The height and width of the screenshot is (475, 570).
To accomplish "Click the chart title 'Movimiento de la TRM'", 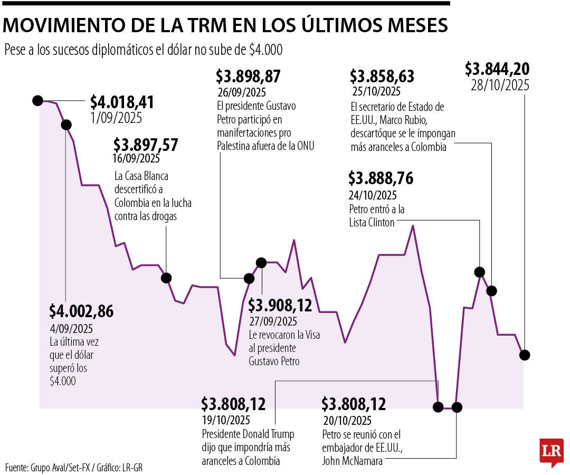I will click(226, 25).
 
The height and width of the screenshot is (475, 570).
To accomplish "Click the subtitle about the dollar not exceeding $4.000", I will click(143, 50).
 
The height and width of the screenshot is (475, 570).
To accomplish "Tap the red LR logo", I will click(551, 452).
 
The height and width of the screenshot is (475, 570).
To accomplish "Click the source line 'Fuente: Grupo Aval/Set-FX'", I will click(74, 467).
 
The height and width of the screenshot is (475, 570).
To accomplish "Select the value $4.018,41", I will click(121, 102).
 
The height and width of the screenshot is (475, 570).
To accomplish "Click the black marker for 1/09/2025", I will click(37, 100).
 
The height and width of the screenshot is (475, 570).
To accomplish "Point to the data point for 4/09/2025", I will click(66, 125).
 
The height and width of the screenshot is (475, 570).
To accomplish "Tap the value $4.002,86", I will click(81, 311).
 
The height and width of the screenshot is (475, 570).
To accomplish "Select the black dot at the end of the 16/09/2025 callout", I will click(166, 278).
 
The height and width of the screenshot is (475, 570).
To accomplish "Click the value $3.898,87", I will click(248, 77).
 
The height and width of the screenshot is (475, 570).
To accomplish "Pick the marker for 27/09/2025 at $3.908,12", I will click(261, 262).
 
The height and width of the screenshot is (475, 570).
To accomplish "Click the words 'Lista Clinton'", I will click(372, 222).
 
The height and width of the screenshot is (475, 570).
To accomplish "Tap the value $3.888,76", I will click(381, 178).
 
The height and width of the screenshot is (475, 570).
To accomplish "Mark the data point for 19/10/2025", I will click(438, 407).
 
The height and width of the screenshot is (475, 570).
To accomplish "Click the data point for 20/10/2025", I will click(457, 407).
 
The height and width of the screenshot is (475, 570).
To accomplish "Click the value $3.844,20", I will click(497, 69).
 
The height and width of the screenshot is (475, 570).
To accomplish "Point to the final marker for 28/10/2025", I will click(524, 355).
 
